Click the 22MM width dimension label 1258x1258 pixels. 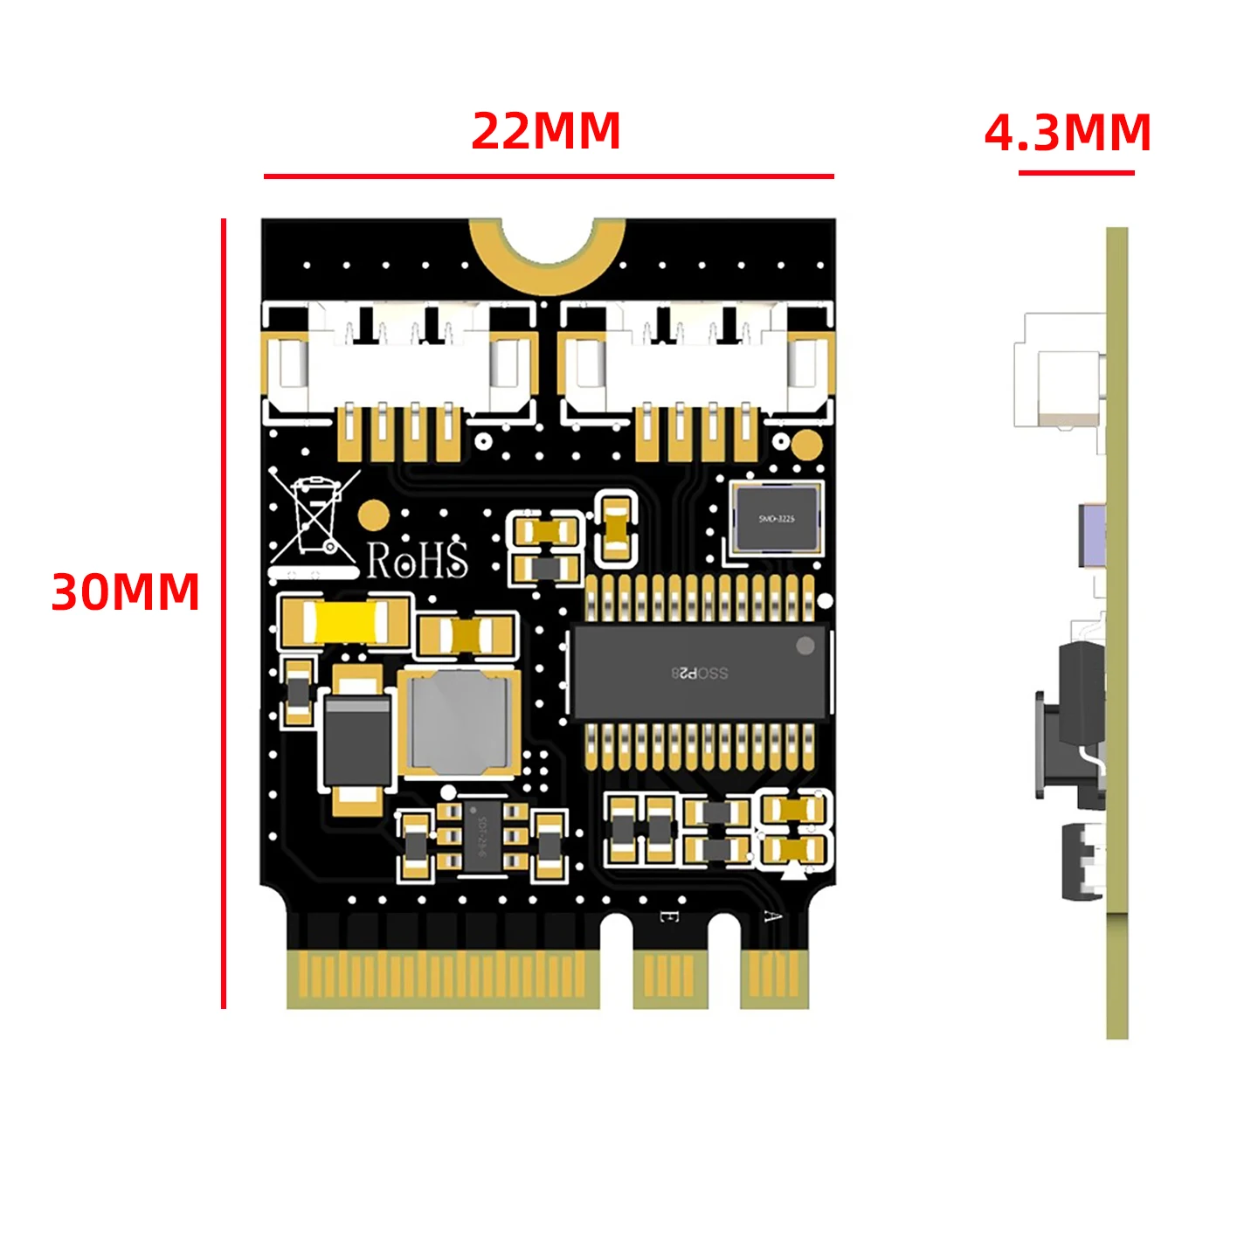pyautogui.click(x=546, y=131)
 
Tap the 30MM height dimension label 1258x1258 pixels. pyautogui.click(x=126, y=591)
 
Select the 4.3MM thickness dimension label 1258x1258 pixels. pyautogui.click(x=1068, y=133)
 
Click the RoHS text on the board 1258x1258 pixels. pyautogui.click(x=417, y=560)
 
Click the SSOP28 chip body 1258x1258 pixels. pyautogui.click(x=699, y=672)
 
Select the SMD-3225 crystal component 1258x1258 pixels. pyautogui.click(x=777, y=518)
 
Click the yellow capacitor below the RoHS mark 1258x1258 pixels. pyautogui.click(x=344, y=622)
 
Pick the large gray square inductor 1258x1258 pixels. pyautogui.click(x=460, y=722)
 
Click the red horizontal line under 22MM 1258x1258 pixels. pyautogui.click(x=549, y=176)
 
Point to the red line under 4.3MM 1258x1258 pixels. pyautogui.click(x=1076, y=172)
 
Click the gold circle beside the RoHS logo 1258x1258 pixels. pyautogui.click(x=373, y=515)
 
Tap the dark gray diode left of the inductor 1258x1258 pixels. pyautogui.click(x=357, y=740)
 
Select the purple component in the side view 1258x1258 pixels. pyautogui.click(x=1092, y=535)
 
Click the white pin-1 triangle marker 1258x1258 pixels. pyautogui.click(x=793, y=870)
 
